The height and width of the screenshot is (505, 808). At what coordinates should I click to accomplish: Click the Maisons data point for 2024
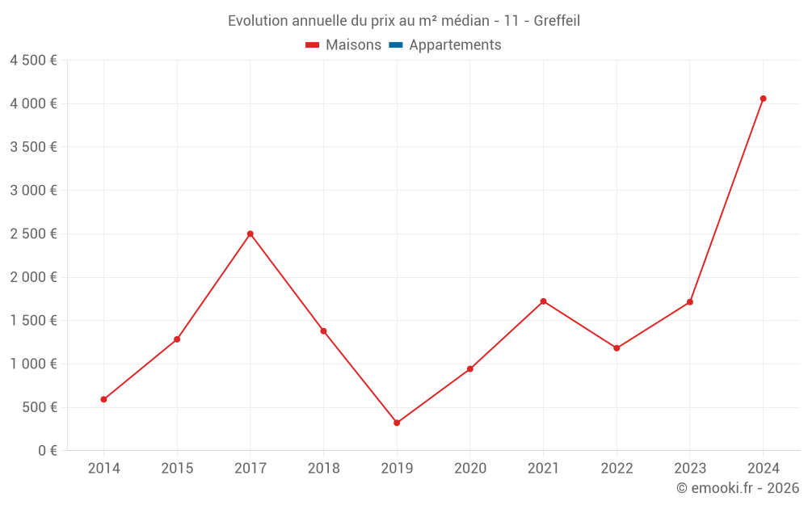763,99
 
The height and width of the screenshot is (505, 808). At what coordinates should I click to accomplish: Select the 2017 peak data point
250,234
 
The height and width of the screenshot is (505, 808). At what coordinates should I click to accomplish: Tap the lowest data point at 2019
397,423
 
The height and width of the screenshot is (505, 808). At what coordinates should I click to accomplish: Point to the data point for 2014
103,399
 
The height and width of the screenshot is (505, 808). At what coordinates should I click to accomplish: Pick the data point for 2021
543,301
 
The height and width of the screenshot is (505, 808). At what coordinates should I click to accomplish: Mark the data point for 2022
617,348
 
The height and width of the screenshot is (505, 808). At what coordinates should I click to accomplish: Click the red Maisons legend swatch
313,45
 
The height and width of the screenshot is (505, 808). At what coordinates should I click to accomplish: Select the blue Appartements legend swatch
396,45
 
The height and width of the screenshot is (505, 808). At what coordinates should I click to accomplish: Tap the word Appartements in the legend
455,45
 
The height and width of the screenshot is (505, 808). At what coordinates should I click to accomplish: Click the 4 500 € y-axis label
33,61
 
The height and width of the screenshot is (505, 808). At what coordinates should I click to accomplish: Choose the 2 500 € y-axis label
33,234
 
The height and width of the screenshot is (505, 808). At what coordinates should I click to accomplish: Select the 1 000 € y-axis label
33,364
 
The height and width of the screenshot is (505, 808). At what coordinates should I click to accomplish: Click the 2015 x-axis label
177,469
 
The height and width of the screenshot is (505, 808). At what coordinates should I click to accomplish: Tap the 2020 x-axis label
470,469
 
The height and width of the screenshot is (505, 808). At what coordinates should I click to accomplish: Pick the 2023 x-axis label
689,469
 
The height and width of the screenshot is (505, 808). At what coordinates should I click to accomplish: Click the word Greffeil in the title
557,21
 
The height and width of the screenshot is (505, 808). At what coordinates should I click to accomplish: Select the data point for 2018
323,331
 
